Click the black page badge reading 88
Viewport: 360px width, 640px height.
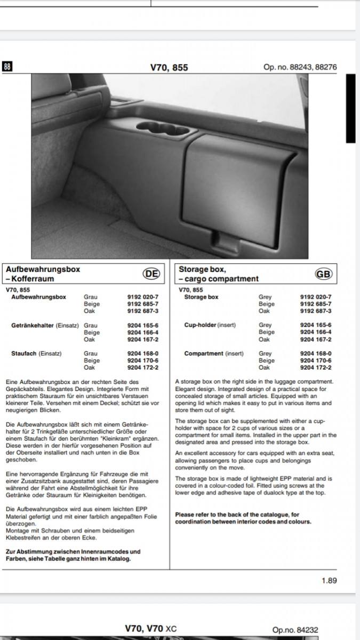click(x=7, y=67)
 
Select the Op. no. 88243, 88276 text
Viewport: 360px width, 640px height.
click(x=300, y=68)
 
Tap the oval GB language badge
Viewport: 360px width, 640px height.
click(x=323, y=274)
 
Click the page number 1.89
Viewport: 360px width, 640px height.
click(x=329, y=581)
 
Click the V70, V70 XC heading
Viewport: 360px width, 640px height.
click(x=150, y=629)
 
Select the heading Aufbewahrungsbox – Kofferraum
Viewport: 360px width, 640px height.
click(x=43, y=274)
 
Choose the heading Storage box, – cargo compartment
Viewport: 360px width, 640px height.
click(x=219, y=274)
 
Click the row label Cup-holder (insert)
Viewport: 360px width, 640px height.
click(x=210, y=325)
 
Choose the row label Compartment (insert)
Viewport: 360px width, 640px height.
click(x=214, y=353)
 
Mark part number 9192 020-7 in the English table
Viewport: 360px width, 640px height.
click(x=316, y=297)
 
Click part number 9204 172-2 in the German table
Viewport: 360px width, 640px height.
click(x=143, y=367)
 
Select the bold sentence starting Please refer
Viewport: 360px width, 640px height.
click(x=243, y=518)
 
